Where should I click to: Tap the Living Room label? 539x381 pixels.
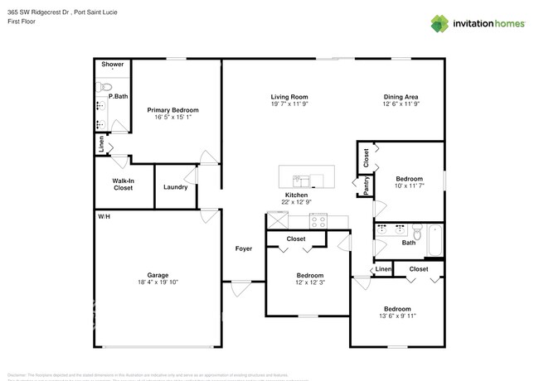coord(289,96)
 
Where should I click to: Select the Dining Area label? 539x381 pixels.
coord(401,96)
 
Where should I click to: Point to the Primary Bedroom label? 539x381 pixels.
coord(172,110)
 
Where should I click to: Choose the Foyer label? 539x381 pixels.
coord(244,248)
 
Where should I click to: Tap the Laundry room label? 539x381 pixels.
coord(175,187)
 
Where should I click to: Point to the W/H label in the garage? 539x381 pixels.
coord(104,216)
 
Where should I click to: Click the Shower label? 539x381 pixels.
coord(112,65)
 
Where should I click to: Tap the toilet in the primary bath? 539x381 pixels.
coord(106,84)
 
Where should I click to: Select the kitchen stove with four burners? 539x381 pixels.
coord(318,221)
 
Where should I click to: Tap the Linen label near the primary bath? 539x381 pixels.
coord(101,145)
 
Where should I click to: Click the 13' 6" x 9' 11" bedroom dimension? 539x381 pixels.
coord(396,315)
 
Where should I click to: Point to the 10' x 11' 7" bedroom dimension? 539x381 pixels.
coord(409,186)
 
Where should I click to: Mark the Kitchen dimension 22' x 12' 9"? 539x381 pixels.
coord(297,202)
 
